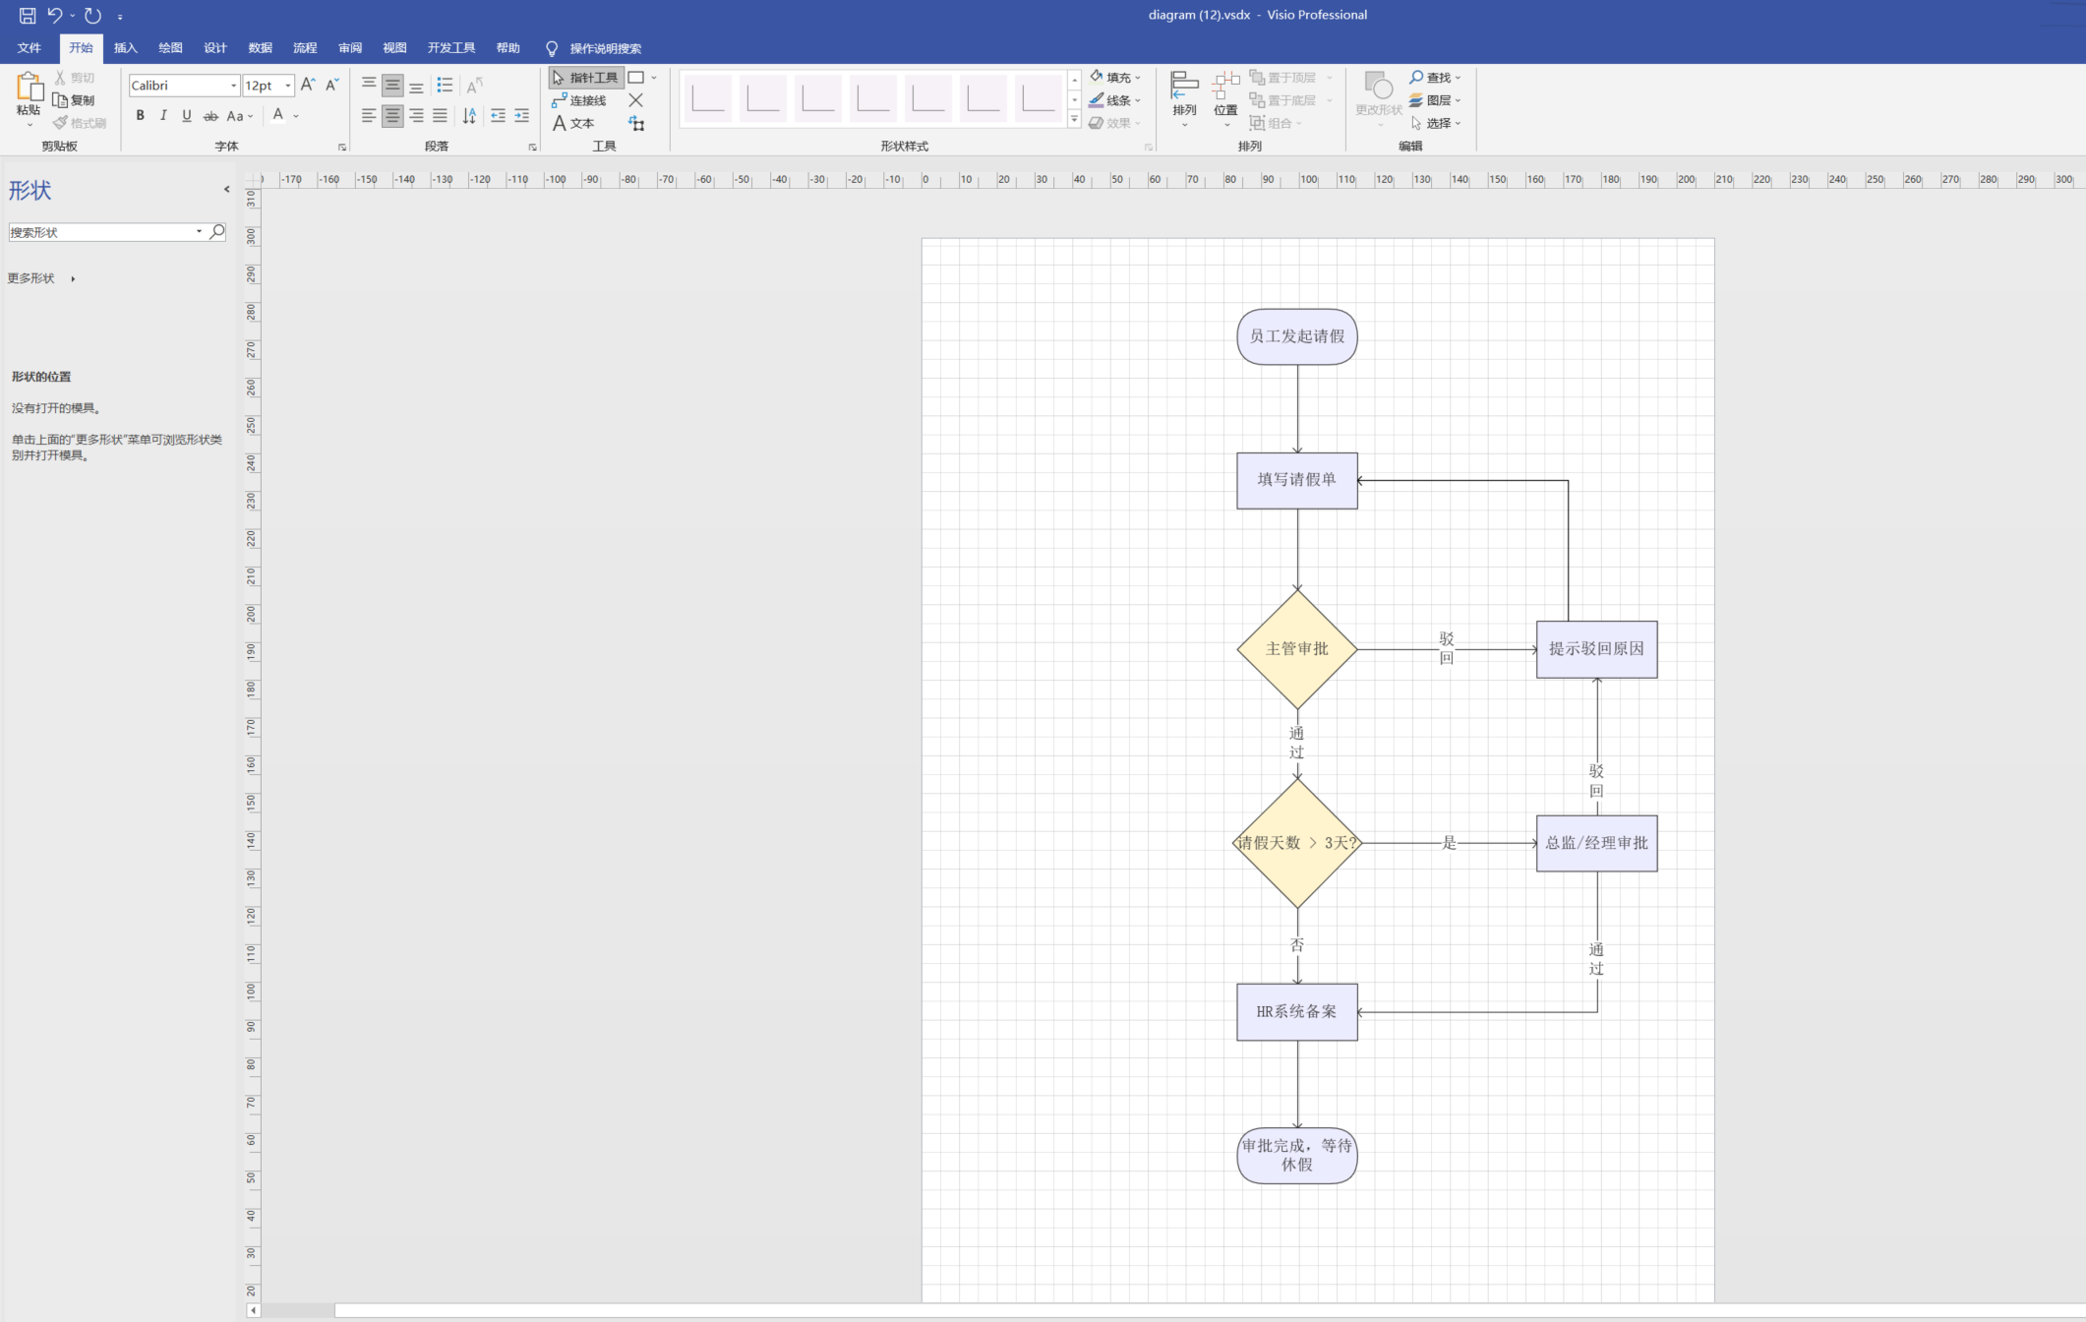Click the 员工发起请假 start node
[x=1296, y=336]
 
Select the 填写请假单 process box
[x=1296, y=480]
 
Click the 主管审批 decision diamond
[x=1296, y=649]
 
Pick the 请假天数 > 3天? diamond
[x=1296, y=843]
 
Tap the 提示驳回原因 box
[x=1596, y=649]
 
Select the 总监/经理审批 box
[x=1596, y=843]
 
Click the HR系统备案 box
[x=1296, y=1012]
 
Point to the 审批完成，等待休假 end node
[x=1296, y=1156]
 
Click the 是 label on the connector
[x=1449, y=843]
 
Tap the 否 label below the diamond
[x=1296, y=945]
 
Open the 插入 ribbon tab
[x=126, y=48]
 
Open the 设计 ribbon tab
[x=215, y=48]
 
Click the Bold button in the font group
[x=141, y=116]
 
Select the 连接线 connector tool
[x=579, y=100]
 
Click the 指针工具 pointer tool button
[x=585, y=78]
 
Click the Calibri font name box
[x=184, y=86]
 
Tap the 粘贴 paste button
[x=29, y=99]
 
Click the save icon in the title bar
[x=28, y=16]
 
